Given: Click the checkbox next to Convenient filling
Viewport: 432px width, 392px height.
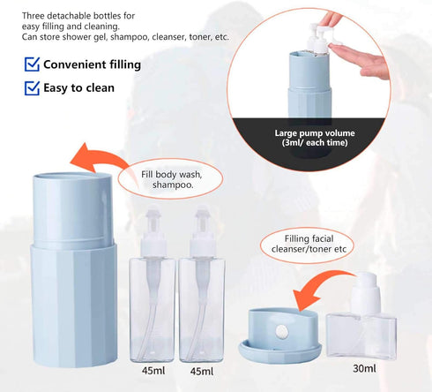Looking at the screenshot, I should (x=31, y=64).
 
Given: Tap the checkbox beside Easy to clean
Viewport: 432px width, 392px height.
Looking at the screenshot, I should (x=31, y=87).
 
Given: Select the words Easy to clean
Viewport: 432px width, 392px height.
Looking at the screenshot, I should (x=82, y=87).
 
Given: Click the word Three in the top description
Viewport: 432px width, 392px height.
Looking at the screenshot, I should (x=35, y=16).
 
